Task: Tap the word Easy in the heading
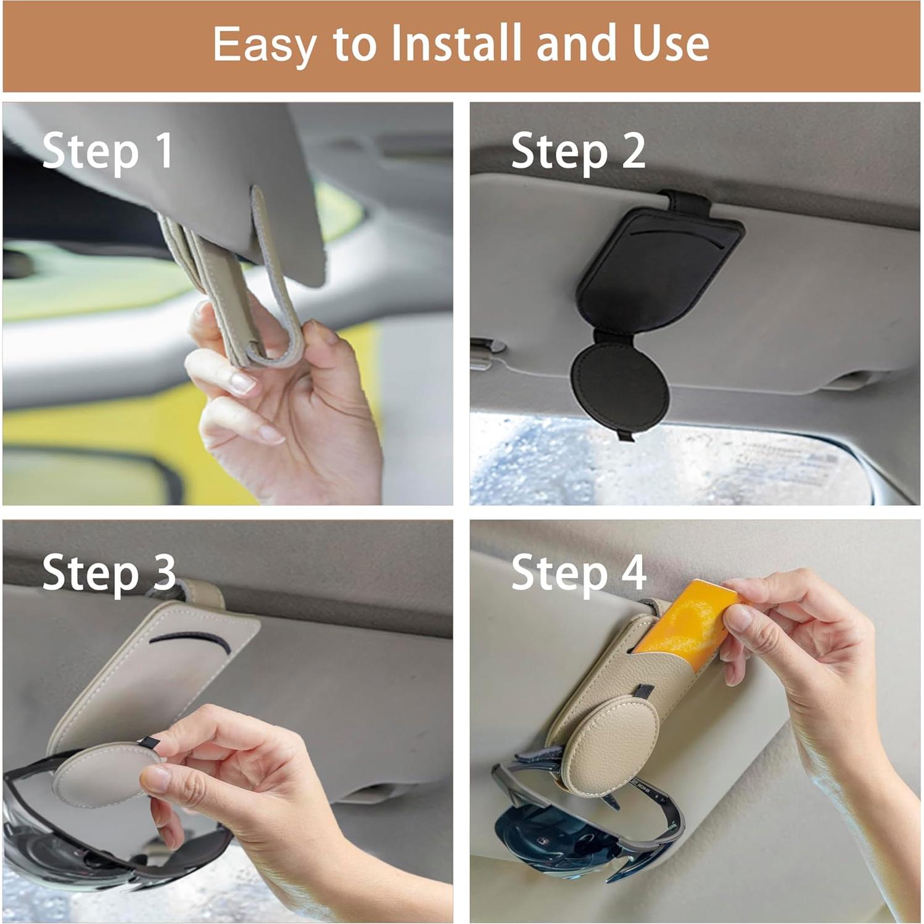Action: pyautogui.click(x=265, y=44)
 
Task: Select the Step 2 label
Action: pyautogui.click(x=578, y=151)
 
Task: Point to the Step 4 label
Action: pyautogui.click(x=579, y=572)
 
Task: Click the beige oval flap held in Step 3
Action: pyautogui.click(x=99, y=771)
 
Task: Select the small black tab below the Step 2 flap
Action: pyautogui.click(x=626, y=436)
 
